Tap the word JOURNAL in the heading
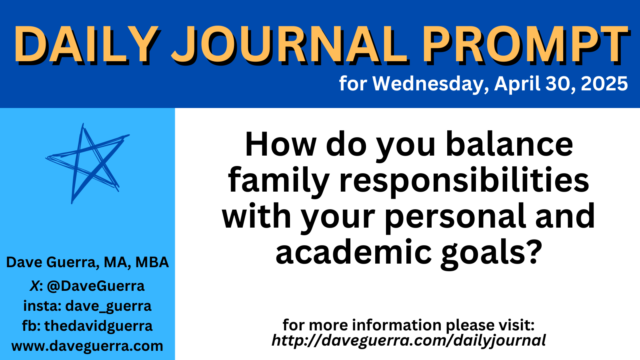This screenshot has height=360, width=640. [290, 45]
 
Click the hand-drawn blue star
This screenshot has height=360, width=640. [88, 164]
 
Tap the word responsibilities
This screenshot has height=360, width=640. [464, 180]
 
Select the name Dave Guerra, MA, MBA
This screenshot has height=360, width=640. [88, 262]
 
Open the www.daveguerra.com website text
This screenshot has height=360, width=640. [88, 346]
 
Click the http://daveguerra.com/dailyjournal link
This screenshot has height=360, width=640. [408, 340]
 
